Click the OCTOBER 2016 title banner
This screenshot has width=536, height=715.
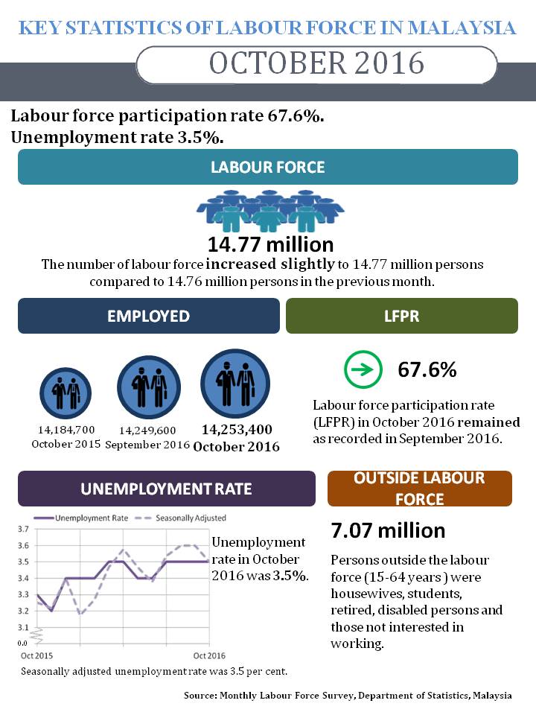[316, 63]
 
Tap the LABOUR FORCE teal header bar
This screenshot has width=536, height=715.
[268, 167]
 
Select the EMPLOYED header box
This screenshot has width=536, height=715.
[148, 316]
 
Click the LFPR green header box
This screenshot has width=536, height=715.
[401, 316]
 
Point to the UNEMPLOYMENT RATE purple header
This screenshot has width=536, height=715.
[166, 489]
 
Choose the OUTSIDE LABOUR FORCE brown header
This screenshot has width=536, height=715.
[419, 489]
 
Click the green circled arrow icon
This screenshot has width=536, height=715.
[363, 369]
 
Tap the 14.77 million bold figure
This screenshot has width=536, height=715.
[270, 244]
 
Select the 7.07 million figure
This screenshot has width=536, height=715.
[388, 530]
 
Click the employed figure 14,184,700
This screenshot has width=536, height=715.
[66, 430]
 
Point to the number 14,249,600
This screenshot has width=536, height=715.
[147, 430]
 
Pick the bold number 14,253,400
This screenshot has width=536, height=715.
[237, 430]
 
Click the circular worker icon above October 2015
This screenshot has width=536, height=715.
[65, 393]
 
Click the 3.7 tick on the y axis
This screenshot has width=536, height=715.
[23, 530]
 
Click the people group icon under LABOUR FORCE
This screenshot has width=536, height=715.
[269, 212]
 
